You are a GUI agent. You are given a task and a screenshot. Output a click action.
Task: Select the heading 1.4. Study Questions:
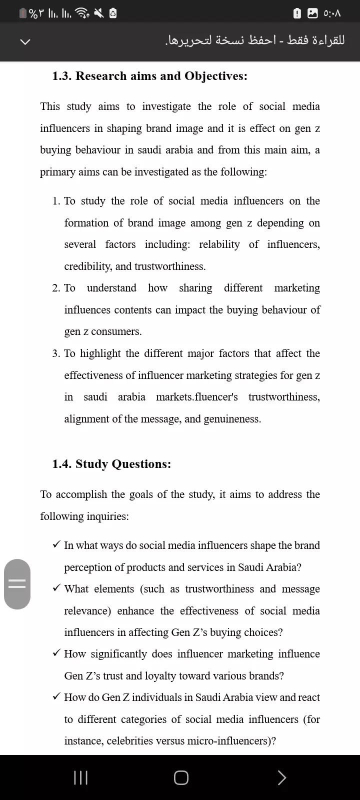[111, 464]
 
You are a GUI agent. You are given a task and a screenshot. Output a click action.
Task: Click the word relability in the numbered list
[219, 244]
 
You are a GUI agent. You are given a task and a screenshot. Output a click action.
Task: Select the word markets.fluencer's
[196, 397]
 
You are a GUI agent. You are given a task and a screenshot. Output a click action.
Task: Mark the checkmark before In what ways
[56, 544]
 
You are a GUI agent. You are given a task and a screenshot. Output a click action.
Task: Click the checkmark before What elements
[56, 588]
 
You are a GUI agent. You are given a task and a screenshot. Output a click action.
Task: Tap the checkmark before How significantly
[56, 653]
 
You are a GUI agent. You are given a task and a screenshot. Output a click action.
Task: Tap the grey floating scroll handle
[17, 584]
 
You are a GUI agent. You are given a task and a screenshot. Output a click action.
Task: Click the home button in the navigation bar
[181, 777]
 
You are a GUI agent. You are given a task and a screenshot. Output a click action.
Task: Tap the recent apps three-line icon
[80, 777]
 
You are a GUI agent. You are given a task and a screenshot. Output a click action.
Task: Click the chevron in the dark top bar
[25, 41]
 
